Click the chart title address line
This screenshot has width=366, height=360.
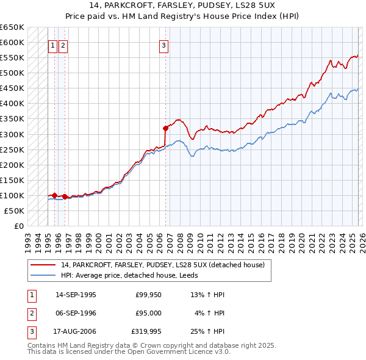point(182,5)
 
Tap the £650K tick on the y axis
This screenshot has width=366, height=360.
point(12,27)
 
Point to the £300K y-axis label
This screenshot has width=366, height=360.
point(12,134)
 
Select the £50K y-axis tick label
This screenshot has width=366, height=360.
point(14,211)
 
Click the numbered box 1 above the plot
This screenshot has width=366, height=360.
point(52,45)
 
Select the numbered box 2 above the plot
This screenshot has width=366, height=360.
point(63,45)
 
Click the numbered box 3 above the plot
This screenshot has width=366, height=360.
point(164,45)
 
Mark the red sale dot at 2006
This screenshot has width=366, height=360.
point(165,128)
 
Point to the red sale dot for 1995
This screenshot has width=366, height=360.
point(55,195)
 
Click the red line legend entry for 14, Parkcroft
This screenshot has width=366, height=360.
point(162,265)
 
